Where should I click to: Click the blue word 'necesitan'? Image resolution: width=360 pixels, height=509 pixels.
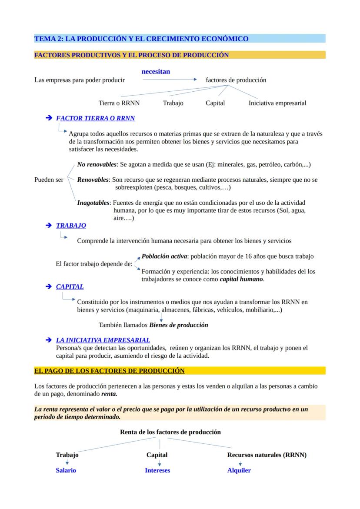[156, 71]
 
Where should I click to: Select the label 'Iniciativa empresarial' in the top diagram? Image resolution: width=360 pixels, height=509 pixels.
[277, 103]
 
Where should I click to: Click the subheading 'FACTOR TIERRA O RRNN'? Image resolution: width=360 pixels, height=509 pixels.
[96, 118]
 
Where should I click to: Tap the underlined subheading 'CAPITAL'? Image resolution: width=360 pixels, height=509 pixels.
[70, 287]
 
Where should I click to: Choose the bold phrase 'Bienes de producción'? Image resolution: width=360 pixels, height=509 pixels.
[179, 325]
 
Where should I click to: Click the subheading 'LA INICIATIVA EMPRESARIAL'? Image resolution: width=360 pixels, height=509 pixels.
[103, 340]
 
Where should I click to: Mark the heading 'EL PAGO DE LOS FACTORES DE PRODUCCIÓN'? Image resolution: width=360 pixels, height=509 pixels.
[109, 371]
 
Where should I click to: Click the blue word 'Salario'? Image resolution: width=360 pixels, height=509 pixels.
[66, 470]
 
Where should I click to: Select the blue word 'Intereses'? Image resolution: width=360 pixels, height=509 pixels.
[157, 470]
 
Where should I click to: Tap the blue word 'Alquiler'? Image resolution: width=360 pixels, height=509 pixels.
[239, 470]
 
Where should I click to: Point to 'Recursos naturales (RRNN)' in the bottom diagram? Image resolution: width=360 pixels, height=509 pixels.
[267, 455]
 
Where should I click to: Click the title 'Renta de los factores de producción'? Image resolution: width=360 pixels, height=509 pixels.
[170, 432]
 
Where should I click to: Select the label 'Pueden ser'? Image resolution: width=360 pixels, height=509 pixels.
[49, 180]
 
